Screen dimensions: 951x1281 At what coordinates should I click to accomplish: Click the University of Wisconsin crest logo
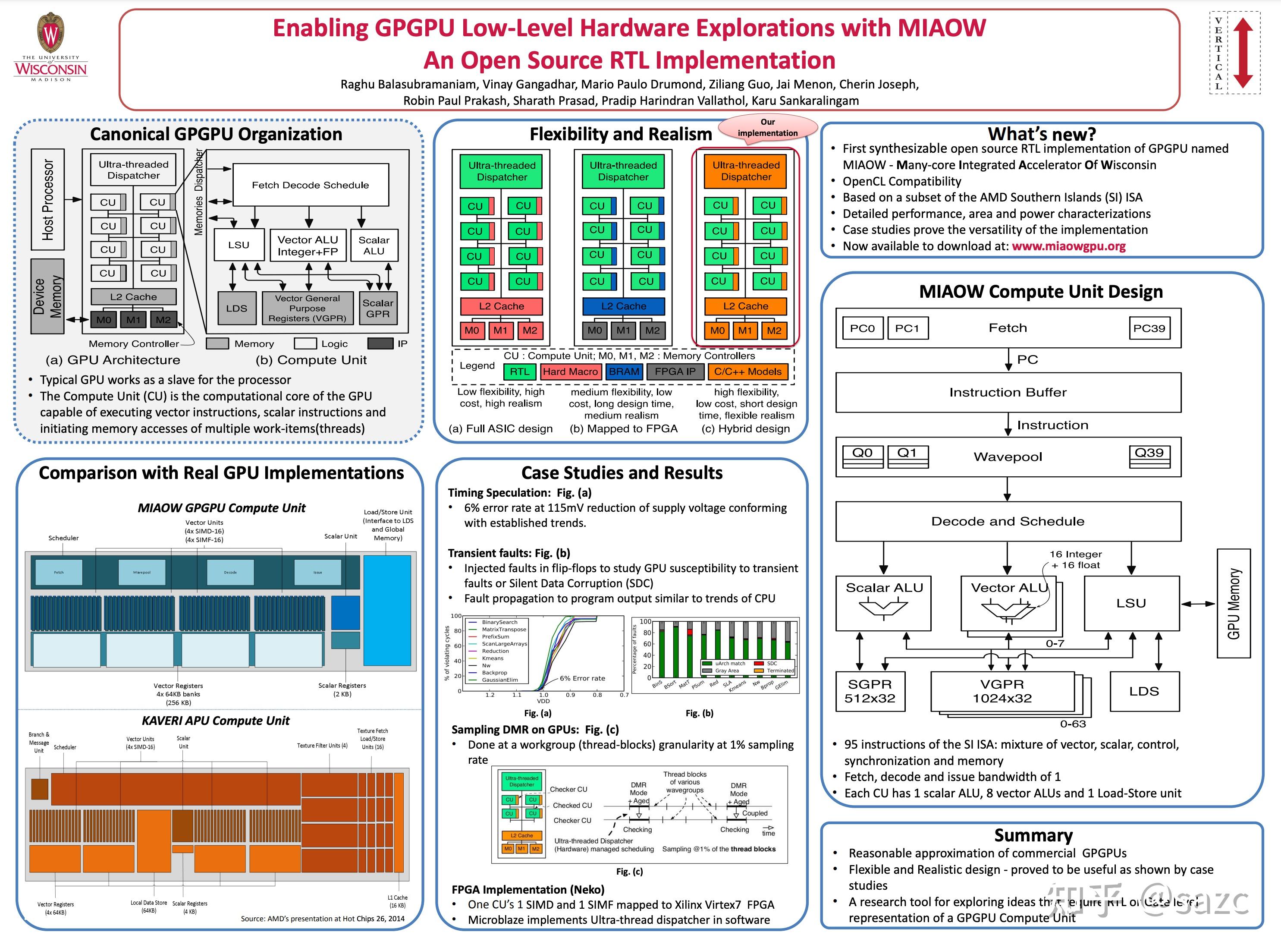(50, 33)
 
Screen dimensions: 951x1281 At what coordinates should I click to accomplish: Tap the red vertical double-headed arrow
(1243, 52)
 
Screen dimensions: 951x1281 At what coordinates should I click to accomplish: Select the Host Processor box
(48, 199)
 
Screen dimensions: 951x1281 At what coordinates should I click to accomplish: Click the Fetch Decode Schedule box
(310, 185)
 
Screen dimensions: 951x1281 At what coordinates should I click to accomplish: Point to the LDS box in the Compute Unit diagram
(236, 308)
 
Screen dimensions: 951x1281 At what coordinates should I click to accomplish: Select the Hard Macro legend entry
(570, 372)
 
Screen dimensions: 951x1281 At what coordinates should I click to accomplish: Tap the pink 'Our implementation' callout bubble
(768, 127)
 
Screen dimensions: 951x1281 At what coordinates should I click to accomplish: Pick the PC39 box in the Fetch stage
(1149, 328)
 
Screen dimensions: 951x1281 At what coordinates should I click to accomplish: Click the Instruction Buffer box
(1008, 393)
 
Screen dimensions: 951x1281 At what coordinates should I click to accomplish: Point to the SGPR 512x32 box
(870, 691)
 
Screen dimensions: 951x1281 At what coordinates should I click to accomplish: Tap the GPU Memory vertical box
(1233, 603)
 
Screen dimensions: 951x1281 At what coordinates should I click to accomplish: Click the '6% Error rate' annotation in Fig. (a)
(582, 678)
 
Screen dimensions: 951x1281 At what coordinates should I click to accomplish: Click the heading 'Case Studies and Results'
(622, 472)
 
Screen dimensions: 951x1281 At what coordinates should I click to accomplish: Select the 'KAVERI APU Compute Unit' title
(215, 721)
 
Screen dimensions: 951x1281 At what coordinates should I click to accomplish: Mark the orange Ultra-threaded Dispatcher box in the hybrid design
(745, 171)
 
